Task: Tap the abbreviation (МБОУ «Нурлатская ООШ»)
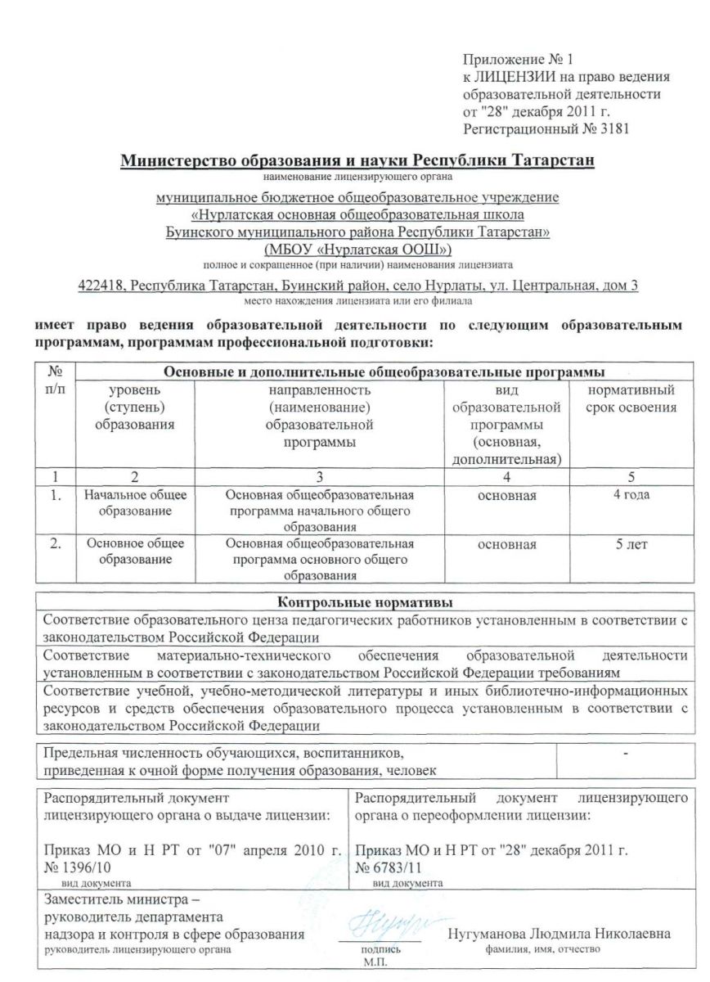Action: point(357,249)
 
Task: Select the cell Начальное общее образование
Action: point(136,504)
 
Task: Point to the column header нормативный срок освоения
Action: point(631,399)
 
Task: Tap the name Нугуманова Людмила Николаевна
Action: point(559,935)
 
